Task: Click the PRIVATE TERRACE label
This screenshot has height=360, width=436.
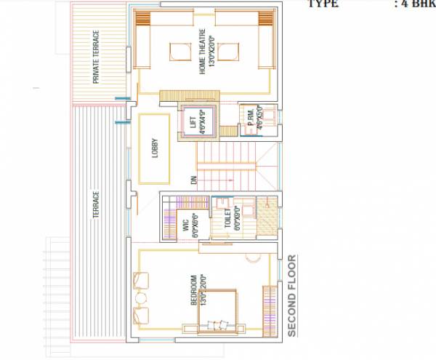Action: (96, 57)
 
